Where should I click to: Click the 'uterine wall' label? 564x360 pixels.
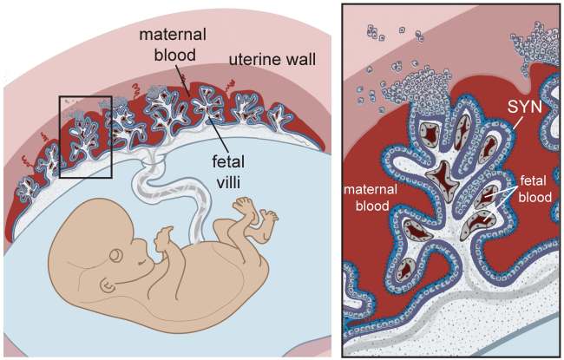(x=272, y=60)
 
